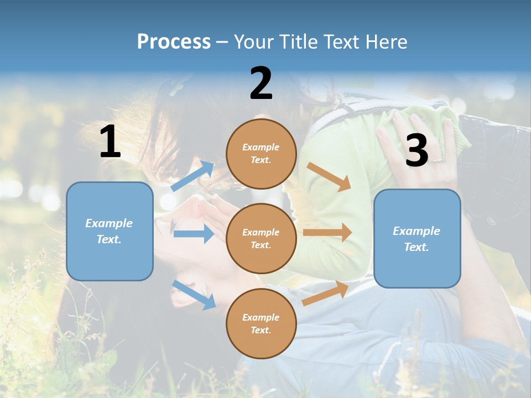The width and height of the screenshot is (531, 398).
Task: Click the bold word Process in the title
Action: point(174,42)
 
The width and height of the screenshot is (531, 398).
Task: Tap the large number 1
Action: point(110,142)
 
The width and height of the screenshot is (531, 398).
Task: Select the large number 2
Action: point(261,83)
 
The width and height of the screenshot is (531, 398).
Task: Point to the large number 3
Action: point(417,150)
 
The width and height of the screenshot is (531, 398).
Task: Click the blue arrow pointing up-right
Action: point(192,176)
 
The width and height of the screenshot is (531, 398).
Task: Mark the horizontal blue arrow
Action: point(194,234)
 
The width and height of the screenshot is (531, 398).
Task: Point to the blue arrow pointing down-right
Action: point(194,294)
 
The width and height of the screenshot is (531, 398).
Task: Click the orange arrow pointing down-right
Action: point(329,177)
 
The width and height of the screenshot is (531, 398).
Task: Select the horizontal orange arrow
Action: point(327,233)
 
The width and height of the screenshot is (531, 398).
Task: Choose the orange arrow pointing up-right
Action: point(325,293)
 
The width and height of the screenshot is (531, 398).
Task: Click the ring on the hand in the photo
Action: point(437,161)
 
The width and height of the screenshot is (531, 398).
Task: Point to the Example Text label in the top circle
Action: point(261,154)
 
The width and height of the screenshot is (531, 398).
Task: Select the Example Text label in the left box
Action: point(109,231)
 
